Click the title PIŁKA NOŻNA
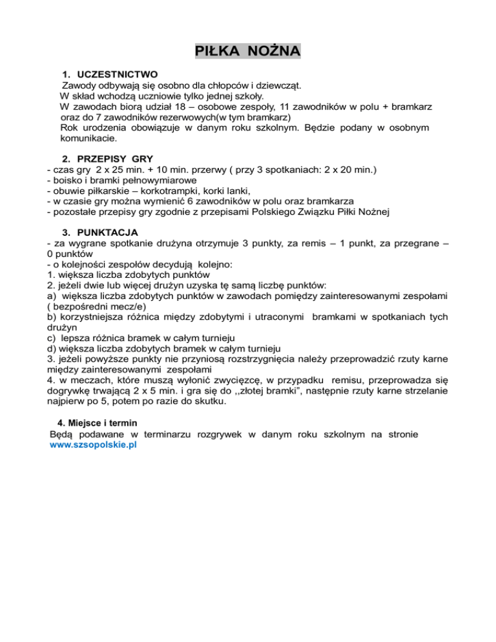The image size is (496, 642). [x=248, y=51]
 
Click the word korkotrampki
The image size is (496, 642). [x=152, y=191]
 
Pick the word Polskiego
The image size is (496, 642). [x=288, y=211]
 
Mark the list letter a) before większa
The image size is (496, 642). [x=52, y=295]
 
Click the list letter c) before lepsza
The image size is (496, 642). [x=52, y=337]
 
